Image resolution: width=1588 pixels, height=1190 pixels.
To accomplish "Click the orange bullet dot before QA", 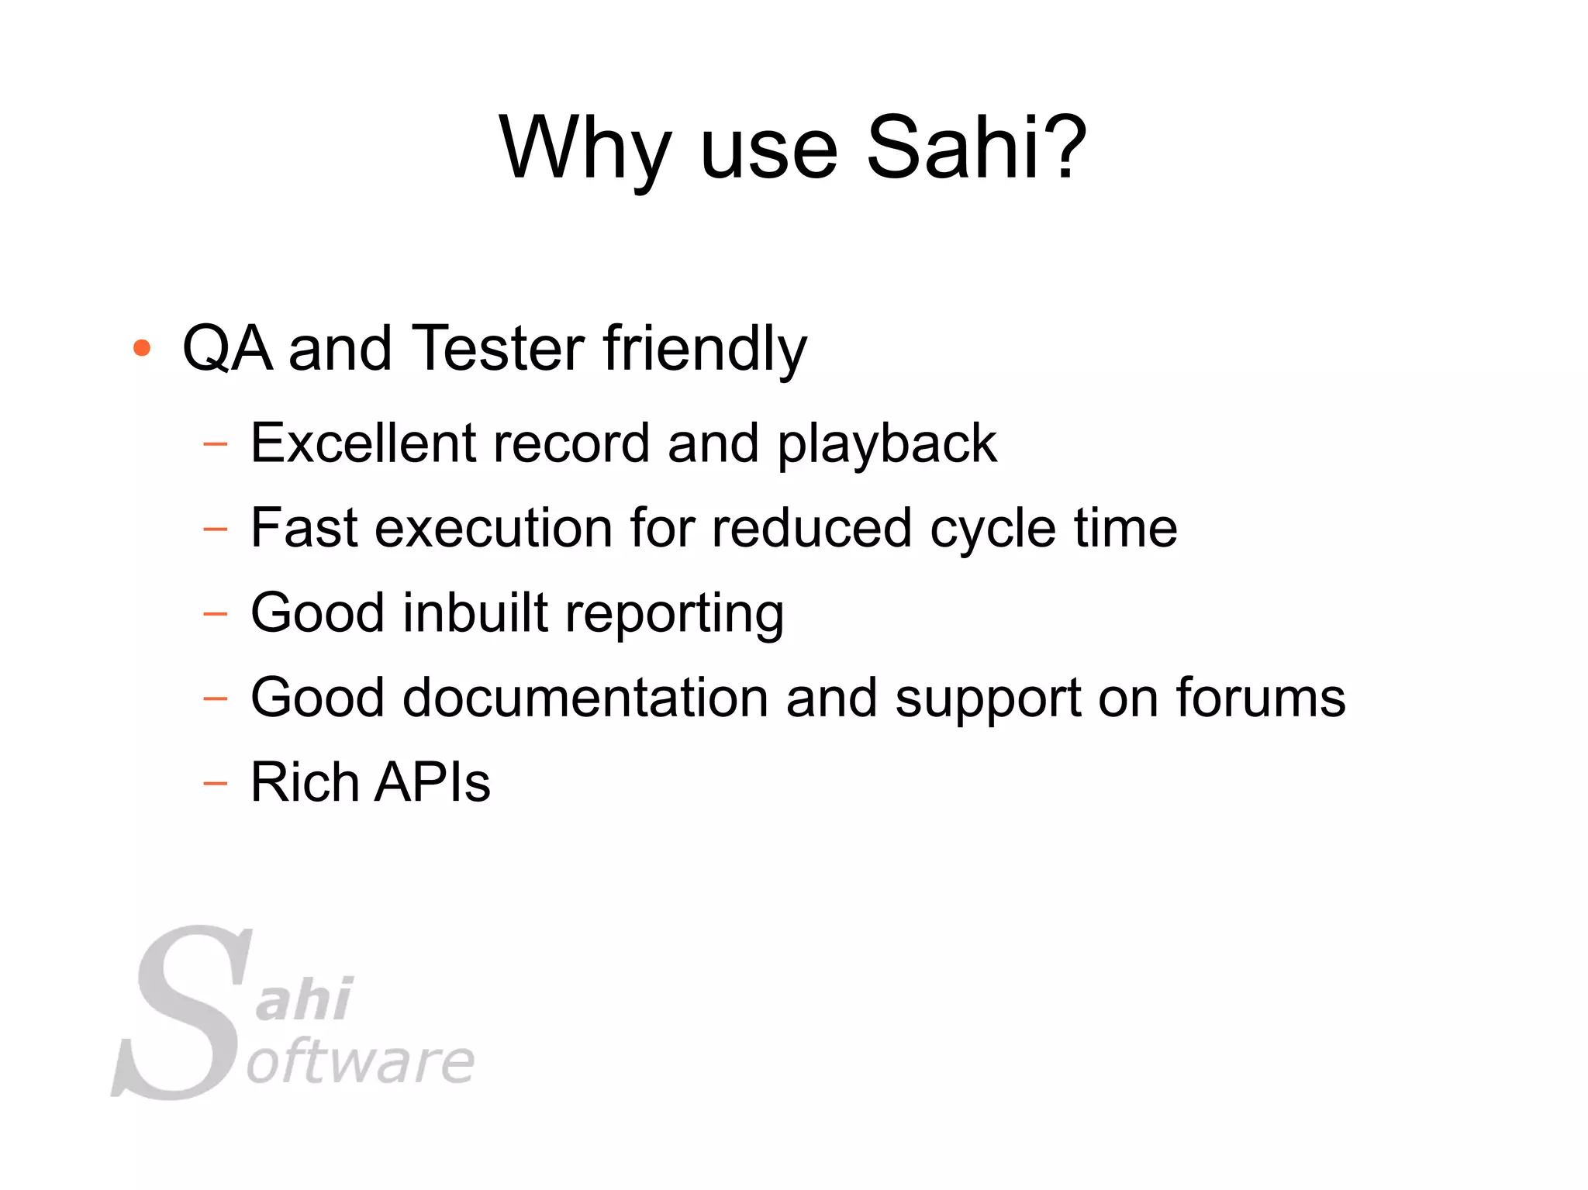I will tap(141, 348).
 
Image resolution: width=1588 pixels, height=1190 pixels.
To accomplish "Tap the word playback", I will tap(886, 444).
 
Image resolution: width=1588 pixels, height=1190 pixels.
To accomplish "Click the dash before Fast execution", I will tap(215, 530).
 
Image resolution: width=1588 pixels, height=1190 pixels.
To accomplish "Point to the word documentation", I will tap(585, 697).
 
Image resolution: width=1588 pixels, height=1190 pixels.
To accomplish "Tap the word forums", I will tap(1260, 697).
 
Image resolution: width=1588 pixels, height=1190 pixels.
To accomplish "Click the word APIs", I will tap(432, 781).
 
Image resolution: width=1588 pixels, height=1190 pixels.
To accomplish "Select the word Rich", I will tap(305, 781).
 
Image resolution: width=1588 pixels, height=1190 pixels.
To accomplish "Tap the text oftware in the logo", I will tap(361, 1062).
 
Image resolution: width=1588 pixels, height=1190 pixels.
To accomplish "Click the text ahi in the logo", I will tap(304, 999).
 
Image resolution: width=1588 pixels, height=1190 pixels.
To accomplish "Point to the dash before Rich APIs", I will tap(215, 784).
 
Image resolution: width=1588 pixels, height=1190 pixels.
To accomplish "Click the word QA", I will tap(227, 348).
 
